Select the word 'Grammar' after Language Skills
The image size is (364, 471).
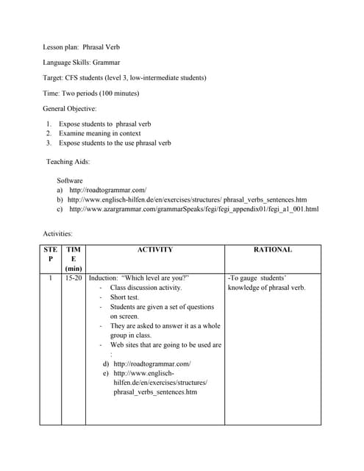tap(107, 63)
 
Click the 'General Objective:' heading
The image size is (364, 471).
tap(75, 108)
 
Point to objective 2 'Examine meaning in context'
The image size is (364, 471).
tap(100, 133)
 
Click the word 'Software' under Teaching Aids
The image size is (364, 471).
tap(70, 180)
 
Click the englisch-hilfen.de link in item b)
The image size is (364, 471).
tap(187, 199)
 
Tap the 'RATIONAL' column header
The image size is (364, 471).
tap(272, 249)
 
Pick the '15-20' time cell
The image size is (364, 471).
tap(74, 278)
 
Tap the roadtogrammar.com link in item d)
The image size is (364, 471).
tap(152, 364)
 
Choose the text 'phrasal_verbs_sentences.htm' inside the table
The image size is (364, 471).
tap(155, 392)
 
